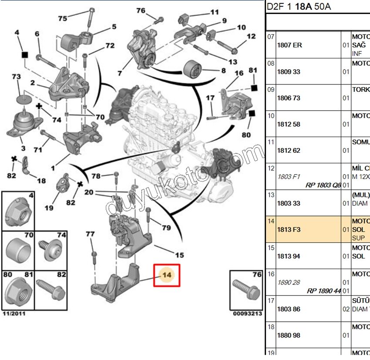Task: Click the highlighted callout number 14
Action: pos(166,275)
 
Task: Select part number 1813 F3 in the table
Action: pos(289,229)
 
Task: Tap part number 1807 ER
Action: pos(289,45)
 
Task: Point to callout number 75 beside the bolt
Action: pos(63,18)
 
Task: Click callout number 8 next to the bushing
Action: pos(223,70)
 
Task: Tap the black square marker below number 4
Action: pos(25,55)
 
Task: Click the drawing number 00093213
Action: pos(247,313)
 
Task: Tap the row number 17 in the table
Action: pos(271,300)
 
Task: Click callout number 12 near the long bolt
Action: pos(251,37)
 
